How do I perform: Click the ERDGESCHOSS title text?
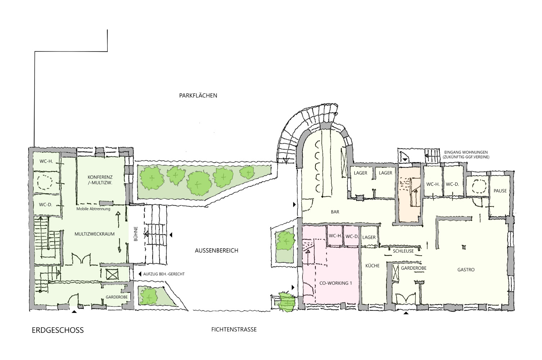click(58, 330)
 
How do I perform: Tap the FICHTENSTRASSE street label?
click(234, 329)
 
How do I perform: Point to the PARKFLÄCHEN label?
click(198, 95)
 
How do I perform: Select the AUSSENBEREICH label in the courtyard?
click(216, 251)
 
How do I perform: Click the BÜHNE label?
click(136, 234)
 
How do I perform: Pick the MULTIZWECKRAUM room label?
click(95, 234)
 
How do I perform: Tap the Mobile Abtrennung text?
click(93, 209)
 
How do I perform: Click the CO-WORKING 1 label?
click(336, 283)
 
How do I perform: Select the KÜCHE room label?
click(372, 266)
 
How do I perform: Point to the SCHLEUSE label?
click(403, 251)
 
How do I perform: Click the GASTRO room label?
click(466, 270)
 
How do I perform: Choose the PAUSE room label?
click(500, 191)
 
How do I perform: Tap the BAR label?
click(335, 212)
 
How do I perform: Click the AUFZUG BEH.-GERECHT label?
click(164, 274)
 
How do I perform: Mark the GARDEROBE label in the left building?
click(117, 297)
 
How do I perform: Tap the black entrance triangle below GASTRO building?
click(406, 313)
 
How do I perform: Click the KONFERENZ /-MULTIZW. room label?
click(100, 180)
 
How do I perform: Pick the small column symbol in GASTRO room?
click(464, 247)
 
